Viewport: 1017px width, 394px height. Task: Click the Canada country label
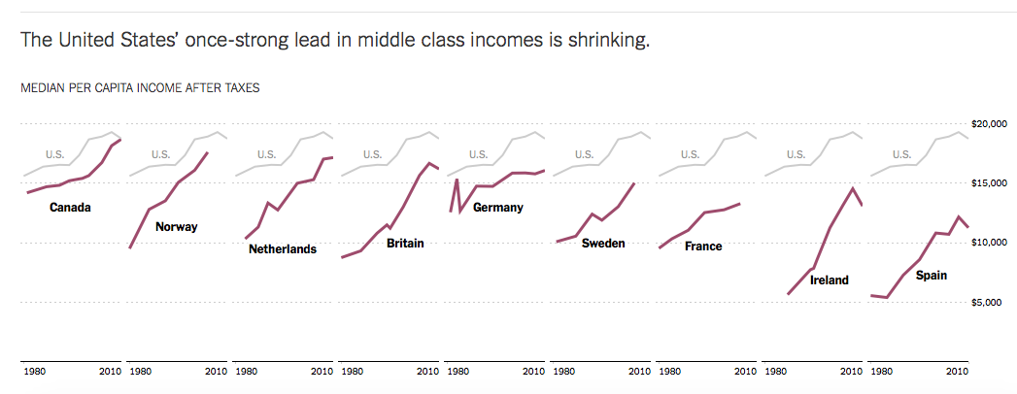pos(70,208)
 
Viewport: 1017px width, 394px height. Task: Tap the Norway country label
pos(177,227)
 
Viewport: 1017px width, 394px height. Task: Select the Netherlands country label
pos(283,249)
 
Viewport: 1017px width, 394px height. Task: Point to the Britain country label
pos(405,243)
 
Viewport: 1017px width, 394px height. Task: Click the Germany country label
pos(498,207)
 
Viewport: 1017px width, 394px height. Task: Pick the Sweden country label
pos(602,243)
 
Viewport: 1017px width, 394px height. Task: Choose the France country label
pos(703,246)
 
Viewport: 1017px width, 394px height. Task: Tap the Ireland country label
pos(830,280)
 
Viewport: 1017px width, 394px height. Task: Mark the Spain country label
pos(932,276)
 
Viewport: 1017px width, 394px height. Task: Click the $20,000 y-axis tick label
pos(991,123)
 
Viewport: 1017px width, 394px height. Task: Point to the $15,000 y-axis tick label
pos(991,182)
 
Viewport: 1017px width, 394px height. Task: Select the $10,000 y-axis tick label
pos(991,242)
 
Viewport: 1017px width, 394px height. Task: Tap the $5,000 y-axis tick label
pos(994,302)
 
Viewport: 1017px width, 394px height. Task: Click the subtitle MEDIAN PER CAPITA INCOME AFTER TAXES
pos(140,87)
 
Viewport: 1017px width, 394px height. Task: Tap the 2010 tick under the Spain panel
pos(957,372)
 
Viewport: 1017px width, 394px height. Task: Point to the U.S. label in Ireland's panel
pos(796,153)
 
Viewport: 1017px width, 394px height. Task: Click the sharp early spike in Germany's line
pos(457,180)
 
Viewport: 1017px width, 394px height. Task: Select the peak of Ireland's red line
pos(853,188)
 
